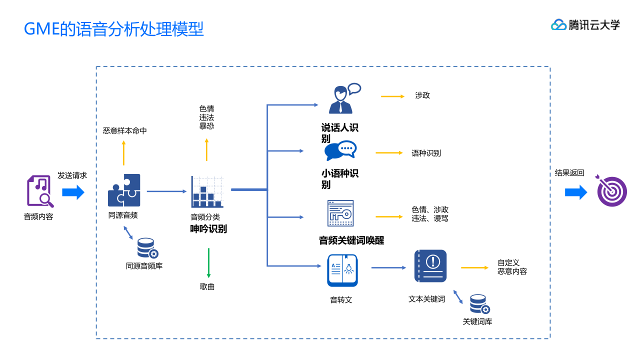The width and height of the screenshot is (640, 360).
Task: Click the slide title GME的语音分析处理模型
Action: [114, 29]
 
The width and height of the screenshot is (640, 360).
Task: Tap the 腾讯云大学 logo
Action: [585, 24]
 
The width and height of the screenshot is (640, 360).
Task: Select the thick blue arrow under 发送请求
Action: [73, 192]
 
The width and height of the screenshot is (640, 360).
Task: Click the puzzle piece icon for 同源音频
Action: [124, 190]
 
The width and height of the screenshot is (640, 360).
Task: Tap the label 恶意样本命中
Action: [125, 131]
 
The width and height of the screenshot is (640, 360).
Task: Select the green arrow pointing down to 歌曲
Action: [208, 263]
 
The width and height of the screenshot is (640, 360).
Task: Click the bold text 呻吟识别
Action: [208, 229]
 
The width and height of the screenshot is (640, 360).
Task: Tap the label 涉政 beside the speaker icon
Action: [422, 95]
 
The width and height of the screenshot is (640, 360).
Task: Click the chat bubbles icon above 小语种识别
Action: [340, 150]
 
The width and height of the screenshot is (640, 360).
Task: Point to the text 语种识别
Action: [426, 153]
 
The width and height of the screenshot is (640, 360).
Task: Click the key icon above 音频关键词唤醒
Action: [340, 213]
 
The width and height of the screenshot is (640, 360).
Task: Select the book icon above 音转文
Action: [342, 270]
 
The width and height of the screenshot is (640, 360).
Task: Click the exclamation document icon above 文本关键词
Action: [430, 266]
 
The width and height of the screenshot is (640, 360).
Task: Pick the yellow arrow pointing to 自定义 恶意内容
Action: [474, 268]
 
